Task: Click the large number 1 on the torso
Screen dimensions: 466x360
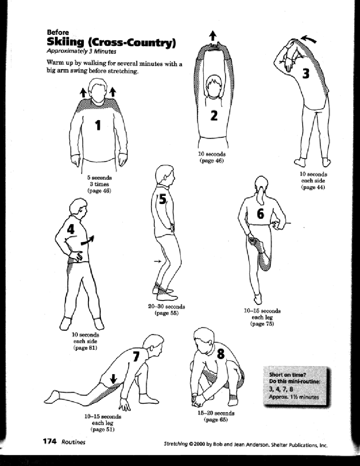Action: [98, 125]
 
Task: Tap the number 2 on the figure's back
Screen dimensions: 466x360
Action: [214, 116]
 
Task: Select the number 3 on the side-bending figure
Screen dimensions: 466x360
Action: [306, 73]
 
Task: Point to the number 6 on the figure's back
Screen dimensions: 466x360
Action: [260, 214]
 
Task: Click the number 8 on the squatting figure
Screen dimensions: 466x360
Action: [221, 353]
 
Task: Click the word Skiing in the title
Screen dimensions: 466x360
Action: [66, 42]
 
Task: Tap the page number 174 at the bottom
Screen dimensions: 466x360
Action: [50, 441]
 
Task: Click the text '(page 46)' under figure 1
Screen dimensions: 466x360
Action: [99, 191]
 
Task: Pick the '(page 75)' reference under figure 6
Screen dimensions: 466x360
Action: [262, 324]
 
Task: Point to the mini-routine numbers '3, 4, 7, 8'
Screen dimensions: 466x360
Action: [281, 389]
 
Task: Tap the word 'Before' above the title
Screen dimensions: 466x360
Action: [55, 32]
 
